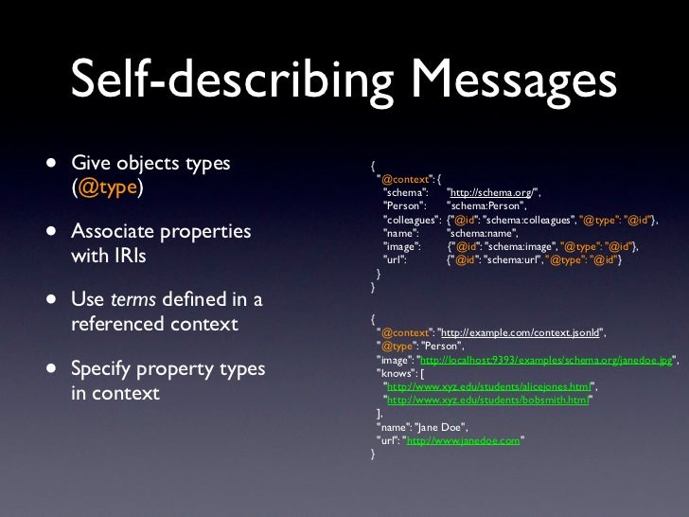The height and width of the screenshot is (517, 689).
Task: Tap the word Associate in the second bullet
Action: [117, 232]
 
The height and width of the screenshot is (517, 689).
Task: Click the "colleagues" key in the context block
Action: [410, 219]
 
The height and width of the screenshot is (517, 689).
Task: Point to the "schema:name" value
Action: [478, 232]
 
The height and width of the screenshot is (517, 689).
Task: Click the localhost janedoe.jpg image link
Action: [544, 360]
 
